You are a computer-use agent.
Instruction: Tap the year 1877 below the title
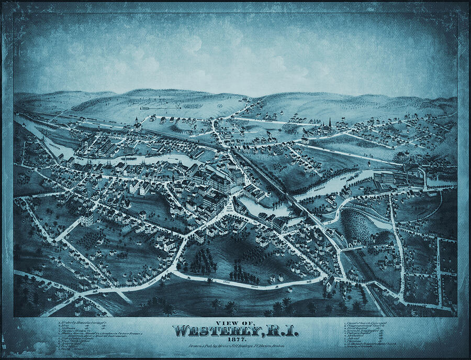point(235,339)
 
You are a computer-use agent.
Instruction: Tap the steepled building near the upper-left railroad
point(137,125)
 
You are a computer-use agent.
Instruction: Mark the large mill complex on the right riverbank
point(398,178)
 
